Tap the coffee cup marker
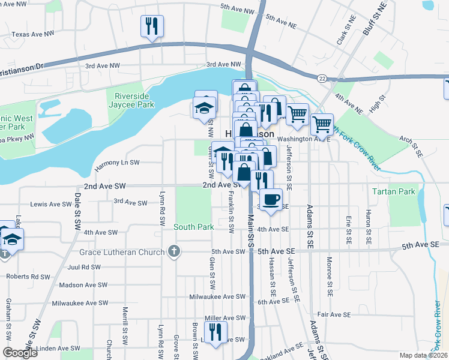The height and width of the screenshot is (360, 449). [x=271, y=199]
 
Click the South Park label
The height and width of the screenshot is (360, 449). [x=194, y=227]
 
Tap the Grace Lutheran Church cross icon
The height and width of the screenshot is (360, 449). [x=174, y=251]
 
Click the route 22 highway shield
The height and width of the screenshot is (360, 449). [x=322, y=77]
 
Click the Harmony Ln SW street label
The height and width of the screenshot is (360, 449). [x=117, y=163]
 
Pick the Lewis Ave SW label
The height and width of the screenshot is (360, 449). [x=51, y=205]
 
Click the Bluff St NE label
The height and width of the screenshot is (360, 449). [x=375, y=18]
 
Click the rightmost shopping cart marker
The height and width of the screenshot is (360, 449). [x=322, y=124]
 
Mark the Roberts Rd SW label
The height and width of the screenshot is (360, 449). [x=28, y=277]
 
